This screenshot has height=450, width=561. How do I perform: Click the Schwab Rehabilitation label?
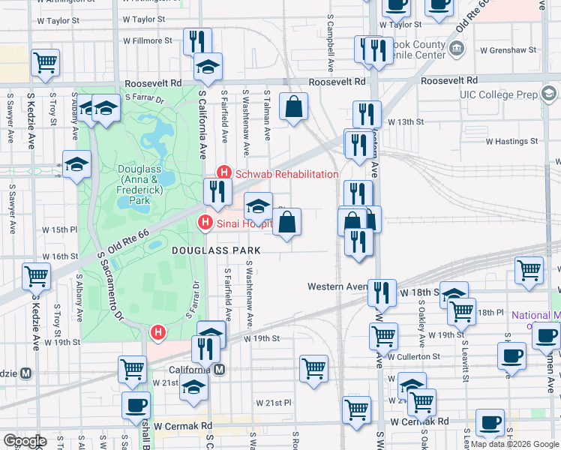[286, 174]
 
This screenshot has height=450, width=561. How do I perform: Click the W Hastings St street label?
[512, 141]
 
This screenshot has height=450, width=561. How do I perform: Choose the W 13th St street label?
[406, 121]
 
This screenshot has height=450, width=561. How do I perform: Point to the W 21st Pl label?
[273, 403]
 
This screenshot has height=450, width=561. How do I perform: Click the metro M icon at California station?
[219, 369]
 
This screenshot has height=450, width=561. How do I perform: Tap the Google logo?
[25, 441]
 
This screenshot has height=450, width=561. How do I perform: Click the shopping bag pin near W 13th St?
[294, 106]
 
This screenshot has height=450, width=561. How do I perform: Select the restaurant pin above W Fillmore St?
[196, 40]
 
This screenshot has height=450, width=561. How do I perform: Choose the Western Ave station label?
[335, 286]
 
